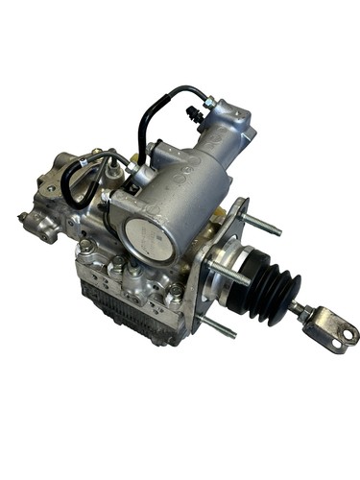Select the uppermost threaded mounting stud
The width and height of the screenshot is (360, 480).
coord(265,228)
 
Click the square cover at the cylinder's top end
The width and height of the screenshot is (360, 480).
coord(231,119)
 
